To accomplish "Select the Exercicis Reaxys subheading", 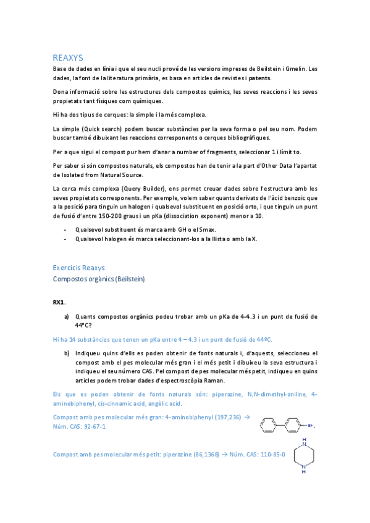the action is tap(78, 268).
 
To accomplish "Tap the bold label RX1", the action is tap(59, 303).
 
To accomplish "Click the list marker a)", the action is tap(67, 316).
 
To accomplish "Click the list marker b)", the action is tap(67, 353).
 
